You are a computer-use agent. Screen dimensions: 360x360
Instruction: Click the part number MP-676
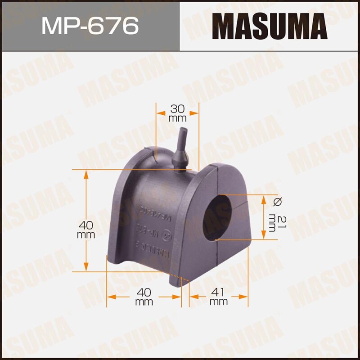[x=90, y=26]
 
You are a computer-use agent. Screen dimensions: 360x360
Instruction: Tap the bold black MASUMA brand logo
[x=270, y=26]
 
